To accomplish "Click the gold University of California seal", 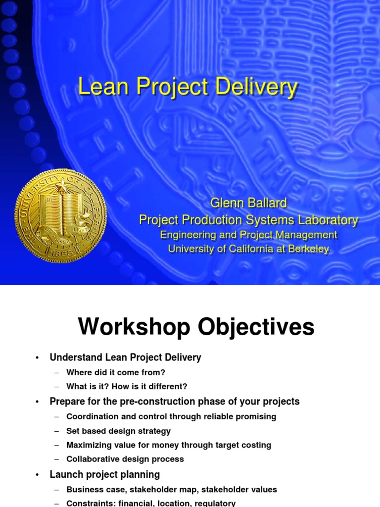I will [x=60, y=215].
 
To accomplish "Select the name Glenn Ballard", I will [x=248, y=203].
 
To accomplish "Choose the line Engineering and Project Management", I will [x=248, y=235].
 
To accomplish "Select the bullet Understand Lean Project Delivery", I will [x=125, y=357].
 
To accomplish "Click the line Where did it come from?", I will [x=116, y=372].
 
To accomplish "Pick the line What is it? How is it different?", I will [x=127, y=387].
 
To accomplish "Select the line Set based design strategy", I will [x=118, y=431].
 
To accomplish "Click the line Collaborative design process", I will [x=125, y=459].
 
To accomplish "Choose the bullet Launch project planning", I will [x=104, y=474].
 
